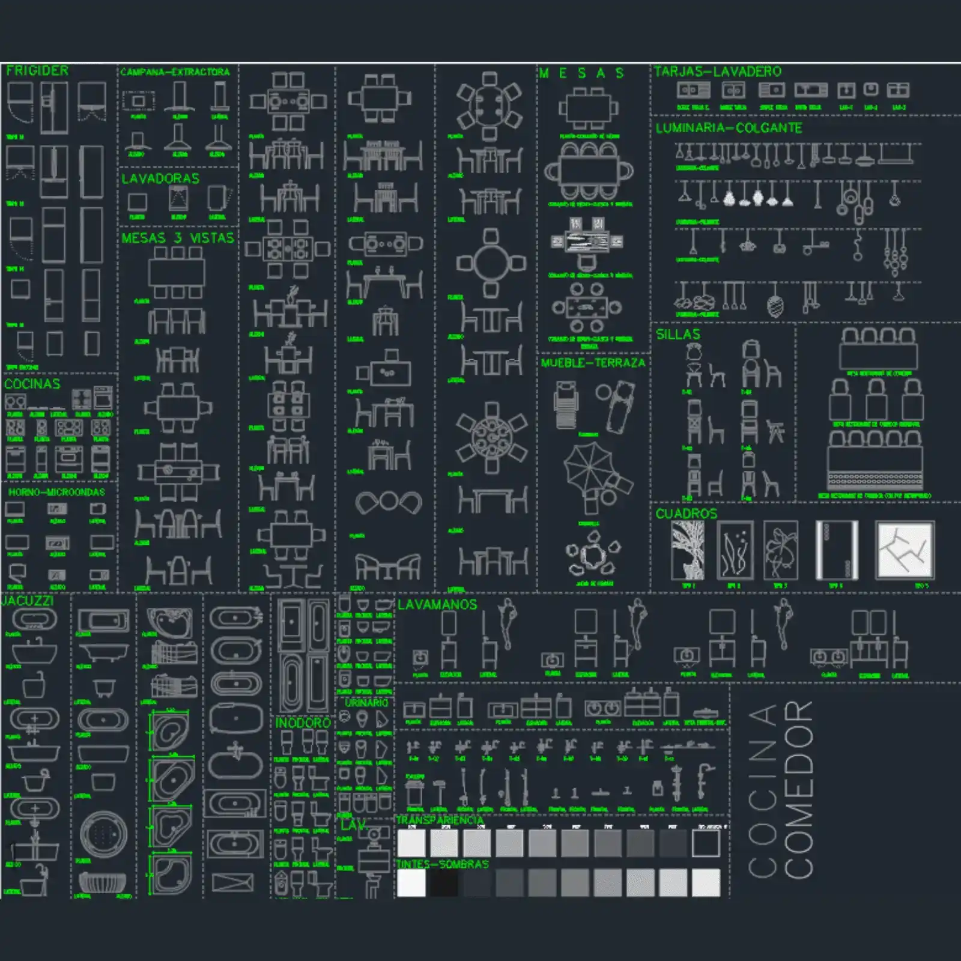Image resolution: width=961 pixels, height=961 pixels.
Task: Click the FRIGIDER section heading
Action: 37,71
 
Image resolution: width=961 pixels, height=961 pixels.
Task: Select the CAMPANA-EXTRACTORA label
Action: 175,72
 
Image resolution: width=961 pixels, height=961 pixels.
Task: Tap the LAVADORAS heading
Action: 160,178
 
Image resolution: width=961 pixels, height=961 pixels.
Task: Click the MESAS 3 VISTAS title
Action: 177,238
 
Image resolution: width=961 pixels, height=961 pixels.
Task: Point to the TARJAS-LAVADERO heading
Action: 717,72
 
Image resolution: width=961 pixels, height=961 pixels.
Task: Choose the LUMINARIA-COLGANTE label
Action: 729,128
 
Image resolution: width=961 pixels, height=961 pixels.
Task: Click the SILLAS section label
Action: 678,335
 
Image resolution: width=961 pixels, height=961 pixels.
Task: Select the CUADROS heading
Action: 686,514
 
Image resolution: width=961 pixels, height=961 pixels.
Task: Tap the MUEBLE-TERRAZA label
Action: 593,363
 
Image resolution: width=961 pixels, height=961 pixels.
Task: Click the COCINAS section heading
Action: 32,384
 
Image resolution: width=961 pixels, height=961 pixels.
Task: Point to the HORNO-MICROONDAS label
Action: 56,492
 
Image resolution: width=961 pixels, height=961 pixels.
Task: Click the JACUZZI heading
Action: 28,601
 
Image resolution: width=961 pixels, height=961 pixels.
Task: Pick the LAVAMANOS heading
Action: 437,605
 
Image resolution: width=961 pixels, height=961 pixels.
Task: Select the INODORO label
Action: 303,723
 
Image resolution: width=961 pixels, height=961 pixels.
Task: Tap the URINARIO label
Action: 366,703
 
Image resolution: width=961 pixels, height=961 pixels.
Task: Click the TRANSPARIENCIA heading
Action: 440,820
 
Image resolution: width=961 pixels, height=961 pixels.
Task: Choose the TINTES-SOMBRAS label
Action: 442,864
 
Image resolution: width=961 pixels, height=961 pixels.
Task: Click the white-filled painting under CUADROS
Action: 905,550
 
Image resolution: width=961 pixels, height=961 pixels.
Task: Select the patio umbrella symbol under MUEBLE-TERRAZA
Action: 590,468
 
